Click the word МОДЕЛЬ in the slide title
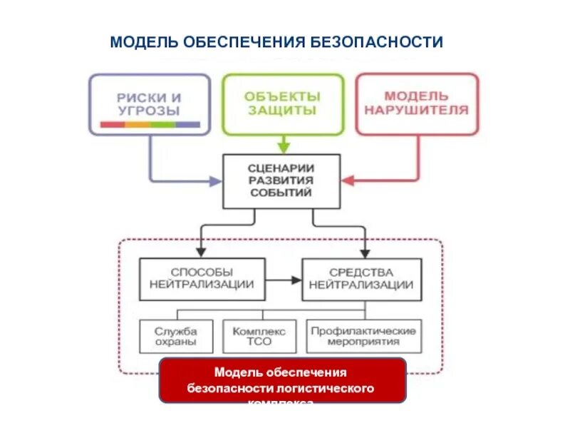pyautogui.click(x=144, y=42)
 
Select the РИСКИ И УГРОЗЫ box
pyautogui.click(x=150, y=103)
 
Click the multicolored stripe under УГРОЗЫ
pyautogui.click(x=150, y=125)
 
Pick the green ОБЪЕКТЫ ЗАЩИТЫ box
pyautogui.click(x=282, y=103)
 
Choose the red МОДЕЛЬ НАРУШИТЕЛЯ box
pyautogui.click(x=417, y=103)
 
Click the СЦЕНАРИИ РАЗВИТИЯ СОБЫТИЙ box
pyautogui.click(x=281, y=180)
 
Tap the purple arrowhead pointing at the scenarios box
pyautogui.click(x=214, y=182)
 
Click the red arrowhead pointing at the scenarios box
pyautogui.click(x=348, y=181)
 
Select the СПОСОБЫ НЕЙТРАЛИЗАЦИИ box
pyautogui.click(x=202, y=278)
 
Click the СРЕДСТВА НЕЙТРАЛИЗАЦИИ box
pyautogui.click(x=362, y=278)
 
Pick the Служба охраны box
pyautogui.click(x=175, y=336)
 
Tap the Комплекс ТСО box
pyautogui.click(x=259, y=336)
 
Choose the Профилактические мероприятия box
pyautogui.click(x=363, y=336)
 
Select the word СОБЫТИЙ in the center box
pyautogui.click(x=281, y=193)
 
